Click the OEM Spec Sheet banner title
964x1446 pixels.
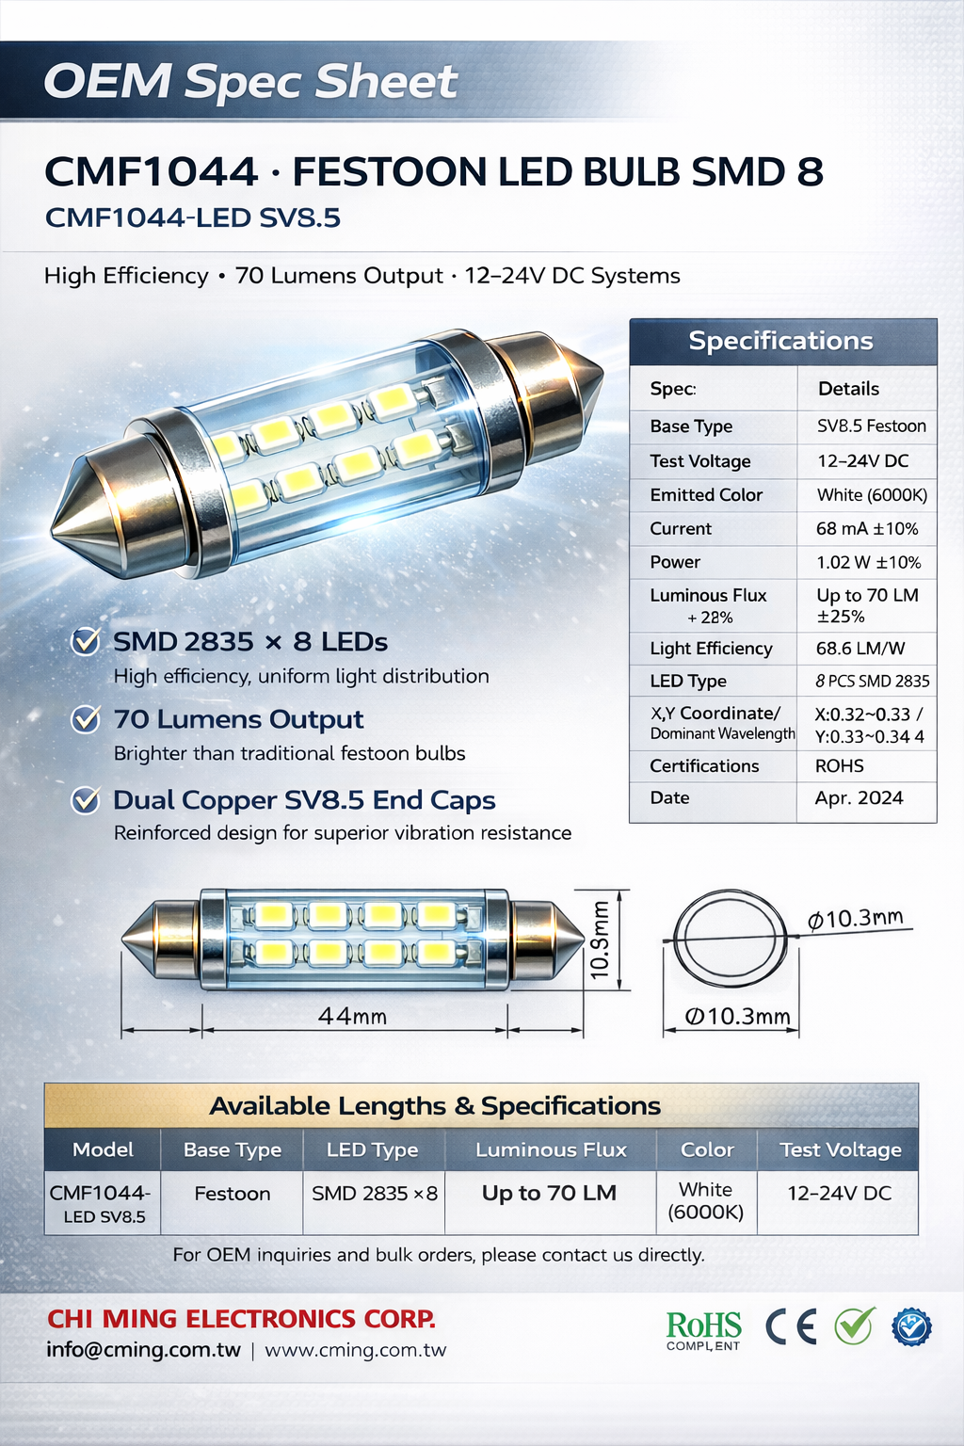[250, 82]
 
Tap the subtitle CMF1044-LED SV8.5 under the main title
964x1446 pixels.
[193, 218]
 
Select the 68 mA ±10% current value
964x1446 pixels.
[866, 529]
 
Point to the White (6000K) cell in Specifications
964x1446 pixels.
[871, 495]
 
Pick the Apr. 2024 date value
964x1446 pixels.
[859, 798]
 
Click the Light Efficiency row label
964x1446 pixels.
[711, 649]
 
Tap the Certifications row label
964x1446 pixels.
[704, 766]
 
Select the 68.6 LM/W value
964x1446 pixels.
[860, 649]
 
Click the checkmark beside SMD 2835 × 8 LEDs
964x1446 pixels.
[86, 642]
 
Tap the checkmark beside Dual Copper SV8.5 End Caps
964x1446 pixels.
[86, 800]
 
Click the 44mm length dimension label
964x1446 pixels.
[353, 1016]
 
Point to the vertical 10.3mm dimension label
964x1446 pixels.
[600, 940]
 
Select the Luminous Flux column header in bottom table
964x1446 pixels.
[551, 1149]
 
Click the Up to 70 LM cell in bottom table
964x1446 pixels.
[549, 1193]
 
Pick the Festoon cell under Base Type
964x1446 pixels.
[233, 1194]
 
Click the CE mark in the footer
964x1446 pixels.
[791, 1326]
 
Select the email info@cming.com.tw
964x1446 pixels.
[143, 1350]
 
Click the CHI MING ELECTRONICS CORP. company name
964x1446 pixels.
[242, 1319]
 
